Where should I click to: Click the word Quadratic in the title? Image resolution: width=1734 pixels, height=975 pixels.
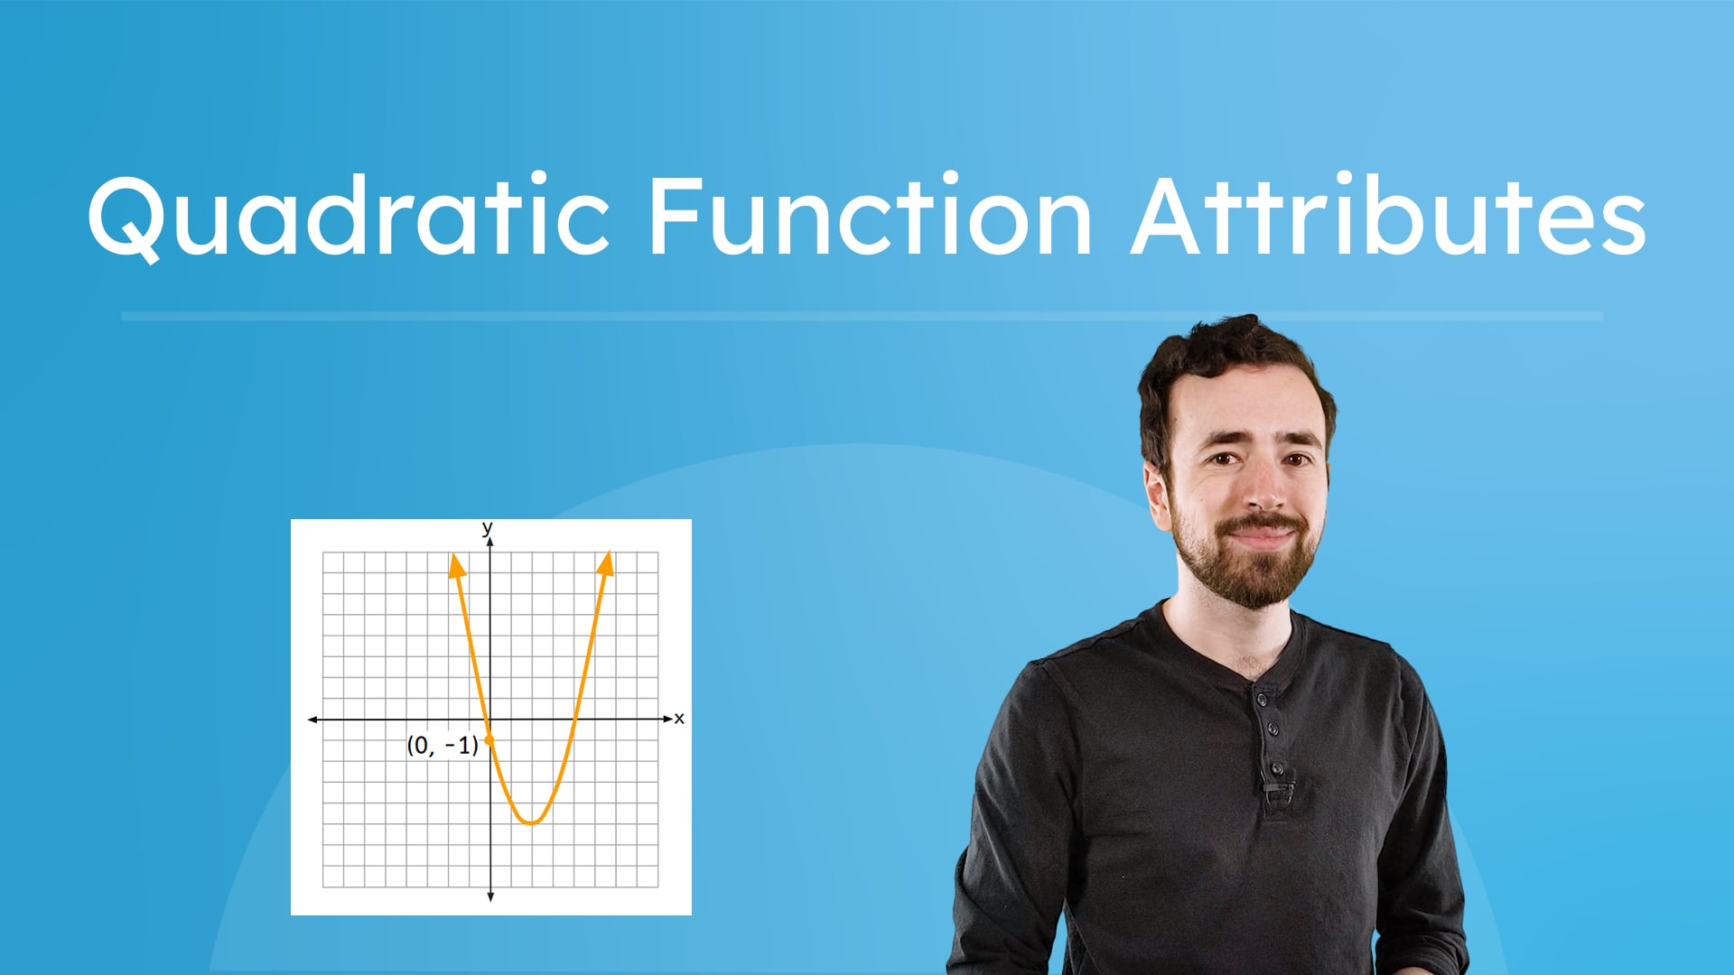click(348, 217)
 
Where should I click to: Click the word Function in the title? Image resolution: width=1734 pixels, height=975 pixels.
click(870, 217)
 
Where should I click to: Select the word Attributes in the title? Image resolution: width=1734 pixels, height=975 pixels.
click(1388, 217)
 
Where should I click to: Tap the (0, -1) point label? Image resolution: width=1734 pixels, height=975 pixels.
click(442, 746)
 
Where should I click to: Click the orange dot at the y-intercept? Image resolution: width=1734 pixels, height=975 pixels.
click(489, 740)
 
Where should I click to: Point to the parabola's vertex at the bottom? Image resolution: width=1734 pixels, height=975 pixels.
click(532, 822)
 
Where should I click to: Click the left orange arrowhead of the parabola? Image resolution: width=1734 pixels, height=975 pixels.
click(457, 566)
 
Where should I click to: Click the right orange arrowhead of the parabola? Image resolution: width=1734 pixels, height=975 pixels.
click(606, 563)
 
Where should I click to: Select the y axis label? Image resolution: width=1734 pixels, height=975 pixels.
click(488, 527)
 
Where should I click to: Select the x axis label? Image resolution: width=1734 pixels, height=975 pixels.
click(679, 719)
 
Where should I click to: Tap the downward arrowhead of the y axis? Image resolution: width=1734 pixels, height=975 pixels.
click(490, 896)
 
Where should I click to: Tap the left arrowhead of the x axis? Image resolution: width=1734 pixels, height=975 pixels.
click(312, 720)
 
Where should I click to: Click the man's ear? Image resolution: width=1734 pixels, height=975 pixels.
click(1156, 492)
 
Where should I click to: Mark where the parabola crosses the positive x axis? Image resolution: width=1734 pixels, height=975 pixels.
click(575, 720)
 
